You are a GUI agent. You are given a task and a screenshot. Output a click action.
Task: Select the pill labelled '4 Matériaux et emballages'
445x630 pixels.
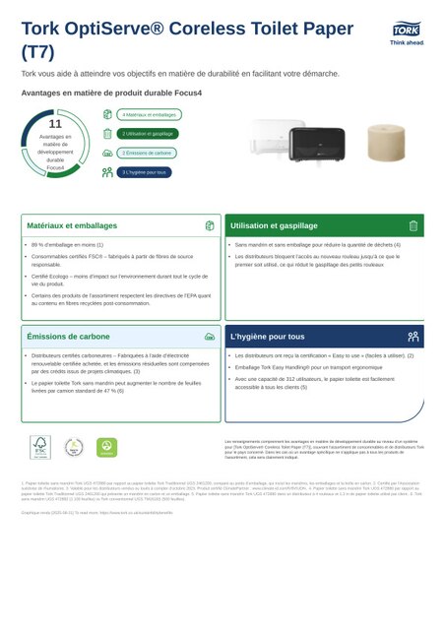click(149, 115)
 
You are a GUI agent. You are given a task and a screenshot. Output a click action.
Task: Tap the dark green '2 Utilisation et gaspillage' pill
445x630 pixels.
click(148, 134)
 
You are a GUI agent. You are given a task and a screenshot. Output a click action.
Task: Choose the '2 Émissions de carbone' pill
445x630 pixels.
click(148, 154)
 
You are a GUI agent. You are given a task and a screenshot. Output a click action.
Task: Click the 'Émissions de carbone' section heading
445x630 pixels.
click(68, 336)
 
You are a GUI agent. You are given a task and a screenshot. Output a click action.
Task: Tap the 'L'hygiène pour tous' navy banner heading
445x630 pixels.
click(267, 336)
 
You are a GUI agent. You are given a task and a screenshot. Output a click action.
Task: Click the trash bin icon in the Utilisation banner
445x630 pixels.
click(413, 225)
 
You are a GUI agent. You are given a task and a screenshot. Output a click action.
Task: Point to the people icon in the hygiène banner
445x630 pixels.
click(413, 336)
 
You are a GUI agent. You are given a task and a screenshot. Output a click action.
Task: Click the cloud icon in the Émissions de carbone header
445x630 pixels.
click(209, 336)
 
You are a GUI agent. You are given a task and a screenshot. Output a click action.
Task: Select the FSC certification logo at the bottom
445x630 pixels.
click(38, 447)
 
